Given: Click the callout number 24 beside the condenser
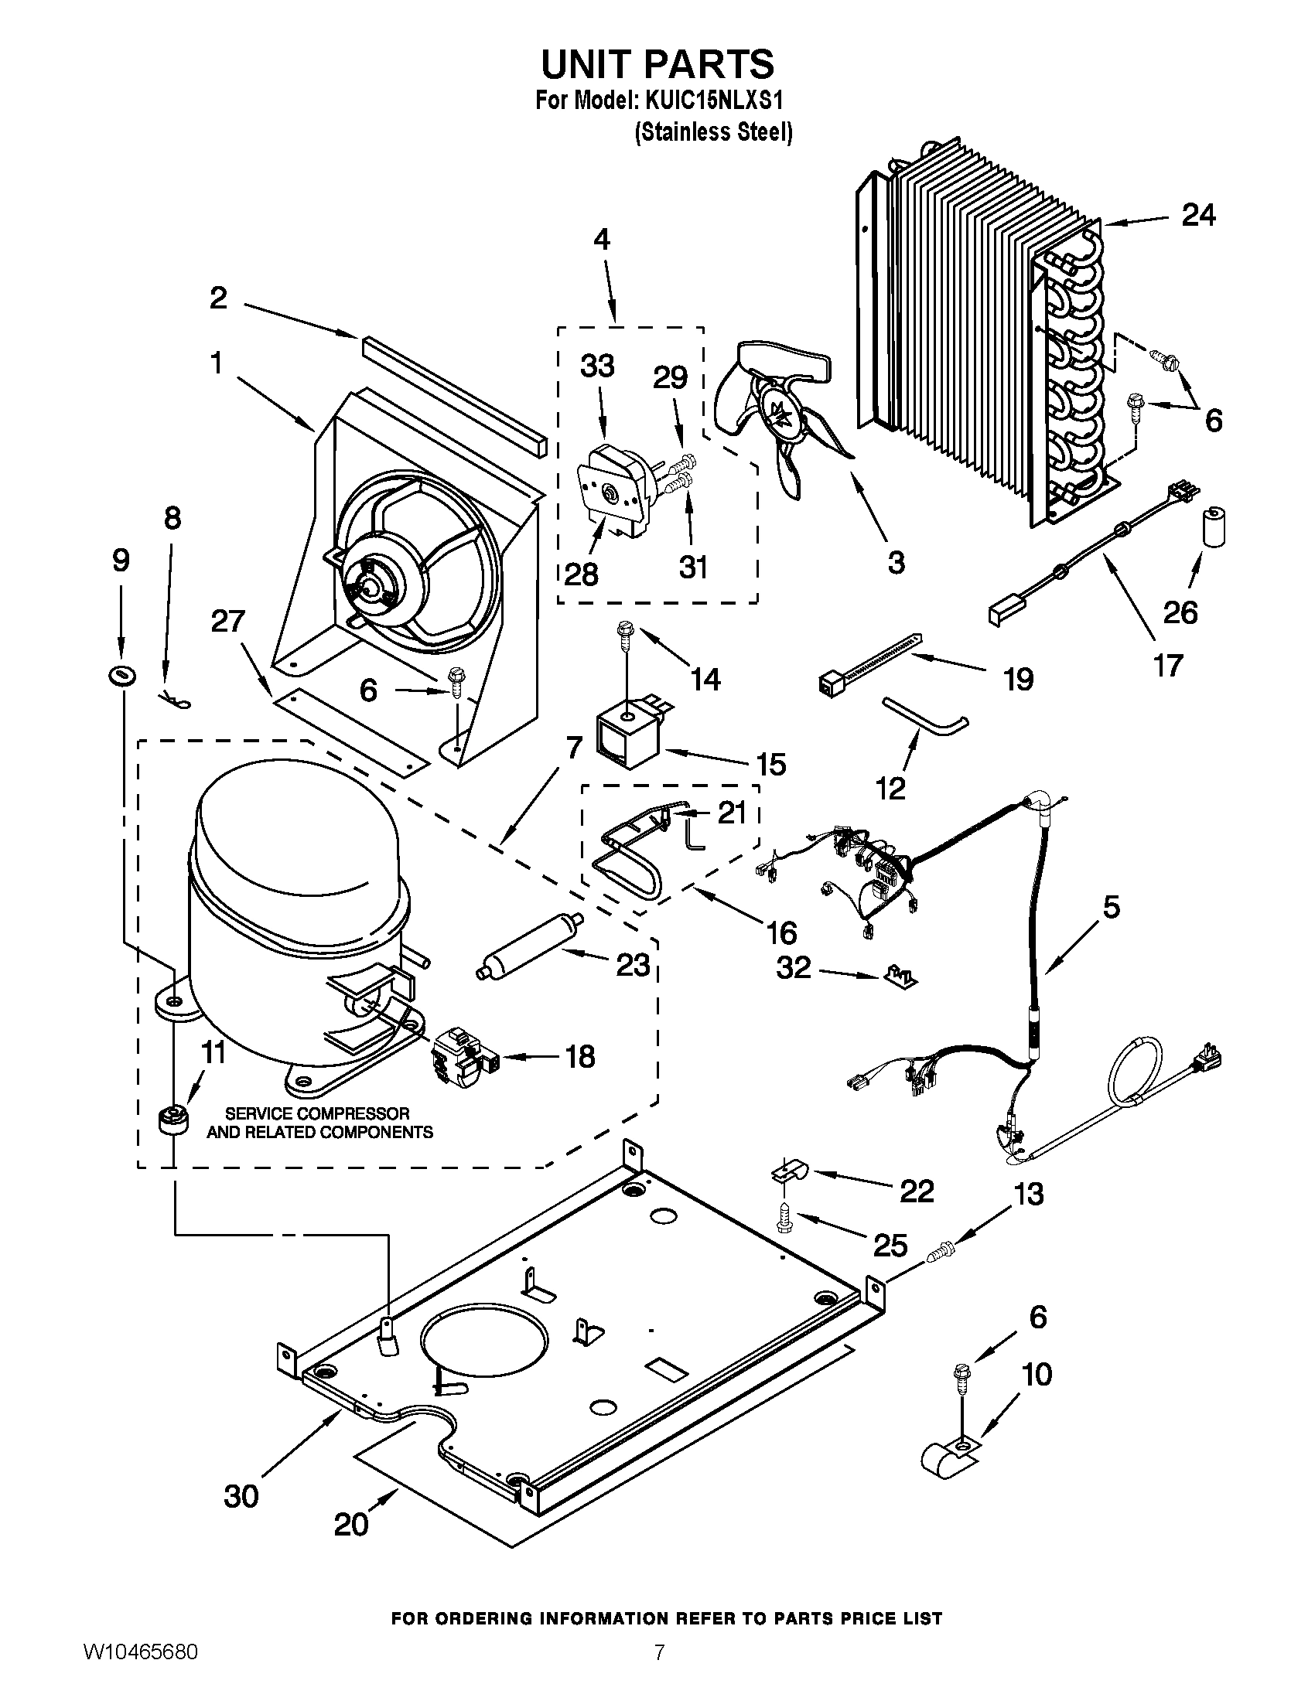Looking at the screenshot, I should [x=1198, y=215].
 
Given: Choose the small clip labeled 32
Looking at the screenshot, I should [x=902, y=975].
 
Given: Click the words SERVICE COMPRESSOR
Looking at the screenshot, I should [x=317, y=1113].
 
